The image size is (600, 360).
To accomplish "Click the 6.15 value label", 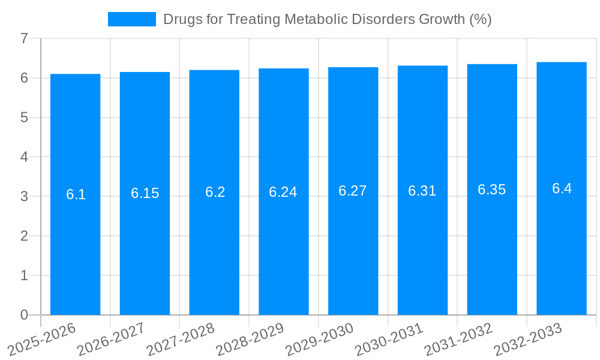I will pos(145,193).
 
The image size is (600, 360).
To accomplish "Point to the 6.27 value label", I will pos(353,191).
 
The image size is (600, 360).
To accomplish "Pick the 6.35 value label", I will pos(492,190).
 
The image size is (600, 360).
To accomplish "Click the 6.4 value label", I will pos(562,188).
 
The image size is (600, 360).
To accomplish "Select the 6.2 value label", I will pos(215,192).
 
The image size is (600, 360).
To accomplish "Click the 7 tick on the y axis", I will pos(24,38).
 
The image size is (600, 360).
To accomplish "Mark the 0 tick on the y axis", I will pos(24,315).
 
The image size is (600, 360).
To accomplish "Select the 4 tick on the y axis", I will pos(24,157).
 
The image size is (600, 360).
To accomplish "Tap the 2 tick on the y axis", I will pos(24,236).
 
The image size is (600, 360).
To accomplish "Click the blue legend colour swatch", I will pos(131,19).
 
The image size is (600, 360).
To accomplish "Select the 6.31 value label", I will pos(422,191).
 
